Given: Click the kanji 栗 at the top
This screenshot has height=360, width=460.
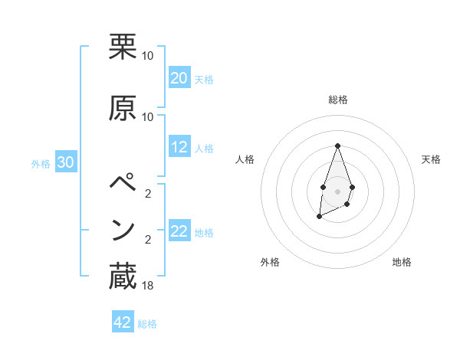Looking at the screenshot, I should (x=123, y=47).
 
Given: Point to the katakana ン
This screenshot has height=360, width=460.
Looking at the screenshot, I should (x=123, y=230).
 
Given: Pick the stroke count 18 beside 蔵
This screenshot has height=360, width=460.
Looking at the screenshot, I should (x=148, y=285).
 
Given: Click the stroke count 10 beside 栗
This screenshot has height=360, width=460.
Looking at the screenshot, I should (x=148, y=56).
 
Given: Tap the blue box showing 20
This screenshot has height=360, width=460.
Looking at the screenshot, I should (x=179, y=78).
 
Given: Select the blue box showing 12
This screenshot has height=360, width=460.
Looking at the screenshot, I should (x=179, y=148).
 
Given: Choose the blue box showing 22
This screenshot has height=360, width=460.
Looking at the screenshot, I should (x=179, y=231).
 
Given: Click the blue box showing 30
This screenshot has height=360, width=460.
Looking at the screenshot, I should (x=66, y=162).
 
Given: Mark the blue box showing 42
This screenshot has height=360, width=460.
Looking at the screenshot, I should (x=123, y=322).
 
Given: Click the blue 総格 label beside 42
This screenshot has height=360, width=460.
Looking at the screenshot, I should (x=148, y=324).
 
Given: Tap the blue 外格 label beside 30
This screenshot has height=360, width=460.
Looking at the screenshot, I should (x=41, y=163).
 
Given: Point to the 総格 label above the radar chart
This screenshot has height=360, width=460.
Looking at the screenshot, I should (x=337, y=100).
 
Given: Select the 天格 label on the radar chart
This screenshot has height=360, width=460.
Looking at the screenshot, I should (x=432, y=159).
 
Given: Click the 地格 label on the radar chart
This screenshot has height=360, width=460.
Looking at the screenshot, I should (x=402, y=262).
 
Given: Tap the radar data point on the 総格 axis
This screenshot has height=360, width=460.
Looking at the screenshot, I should (x=337, y=146).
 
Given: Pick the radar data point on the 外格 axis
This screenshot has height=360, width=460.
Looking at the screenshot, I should (x=319, y=217).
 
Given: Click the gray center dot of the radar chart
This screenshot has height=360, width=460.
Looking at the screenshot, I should (x=337, y=190).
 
